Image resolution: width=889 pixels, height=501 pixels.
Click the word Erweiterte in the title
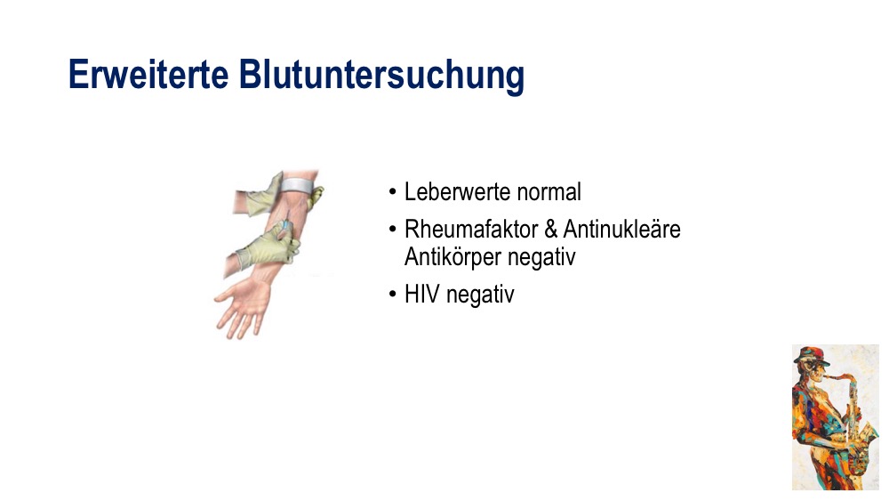(148, 75)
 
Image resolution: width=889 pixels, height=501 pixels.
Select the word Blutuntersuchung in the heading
(381, 76)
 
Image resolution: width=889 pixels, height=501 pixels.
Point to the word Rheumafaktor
(470, 230)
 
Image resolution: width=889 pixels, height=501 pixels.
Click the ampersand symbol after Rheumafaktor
(550, 230)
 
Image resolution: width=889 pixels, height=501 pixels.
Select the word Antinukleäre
(622, 230)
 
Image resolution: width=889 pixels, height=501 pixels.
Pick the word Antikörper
(453, 257)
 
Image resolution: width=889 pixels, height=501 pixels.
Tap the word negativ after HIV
(480, 295)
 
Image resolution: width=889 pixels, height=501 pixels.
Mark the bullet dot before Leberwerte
(393, 192)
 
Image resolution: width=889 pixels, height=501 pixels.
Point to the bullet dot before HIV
(393, 295)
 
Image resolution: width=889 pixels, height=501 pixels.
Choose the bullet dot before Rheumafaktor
(393, 230)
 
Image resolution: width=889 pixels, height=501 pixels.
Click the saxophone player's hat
(811, 355)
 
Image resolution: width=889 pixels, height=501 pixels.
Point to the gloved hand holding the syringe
(267, 246)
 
